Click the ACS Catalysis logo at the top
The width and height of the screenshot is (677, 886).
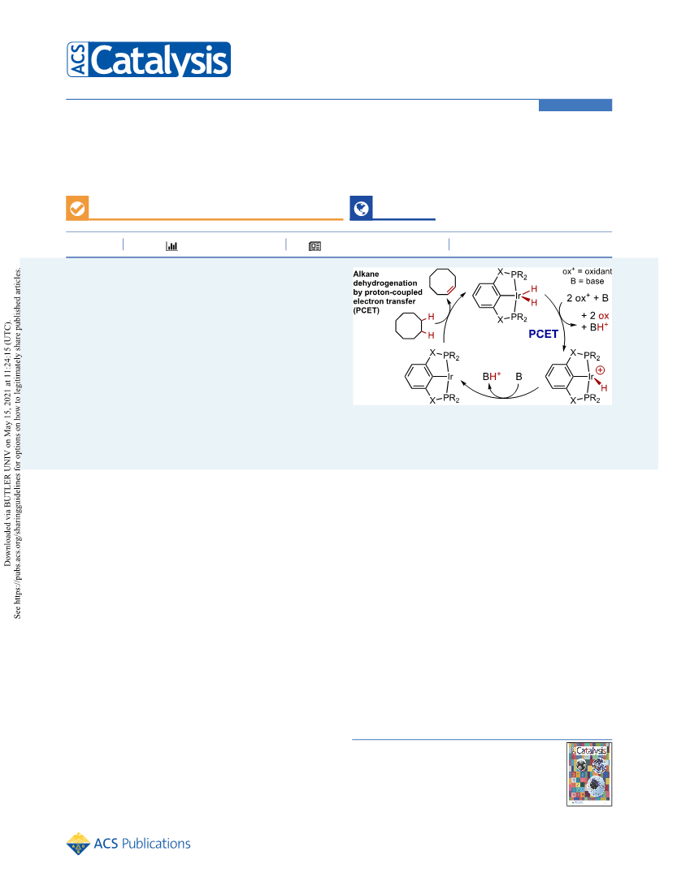[149, 59]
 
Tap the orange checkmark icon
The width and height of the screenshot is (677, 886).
[77, 208]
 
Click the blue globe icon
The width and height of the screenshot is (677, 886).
[362, 208]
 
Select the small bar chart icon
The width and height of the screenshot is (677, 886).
[171, 246]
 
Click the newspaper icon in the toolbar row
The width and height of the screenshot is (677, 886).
[315, 246]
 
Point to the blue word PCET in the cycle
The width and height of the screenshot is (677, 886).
[543, 334]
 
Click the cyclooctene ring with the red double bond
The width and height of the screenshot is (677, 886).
[442, 282]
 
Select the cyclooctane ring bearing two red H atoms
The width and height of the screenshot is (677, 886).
[409, 326]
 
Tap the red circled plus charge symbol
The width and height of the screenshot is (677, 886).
[600, 370]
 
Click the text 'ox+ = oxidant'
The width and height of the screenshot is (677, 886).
[587, 271]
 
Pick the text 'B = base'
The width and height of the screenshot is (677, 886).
[587, 281]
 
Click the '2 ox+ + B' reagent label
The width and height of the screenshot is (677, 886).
[588, 298]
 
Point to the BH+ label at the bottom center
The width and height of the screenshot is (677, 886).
[492, 376]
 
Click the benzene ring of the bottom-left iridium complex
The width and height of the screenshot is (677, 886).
[419, 376]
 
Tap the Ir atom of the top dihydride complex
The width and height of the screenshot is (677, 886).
[518, 296]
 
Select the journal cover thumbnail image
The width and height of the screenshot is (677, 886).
[589, 774]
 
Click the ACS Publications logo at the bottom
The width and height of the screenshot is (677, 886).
[128, 844]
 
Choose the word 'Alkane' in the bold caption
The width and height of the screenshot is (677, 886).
[366, 274]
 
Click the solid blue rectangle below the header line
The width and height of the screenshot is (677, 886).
[575, 105]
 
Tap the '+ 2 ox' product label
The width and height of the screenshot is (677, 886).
[595, 316]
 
